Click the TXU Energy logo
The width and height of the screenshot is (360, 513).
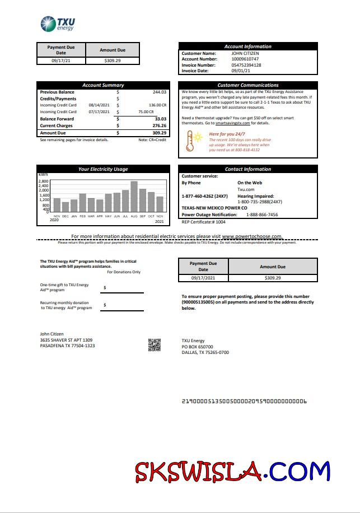(58, 24)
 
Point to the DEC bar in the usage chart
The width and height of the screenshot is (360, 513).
(66, 207)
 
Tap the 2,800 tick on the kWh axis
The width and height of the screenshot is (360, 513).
(44, 181)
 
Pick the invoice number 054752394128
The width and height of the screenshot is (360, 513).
(246, 65)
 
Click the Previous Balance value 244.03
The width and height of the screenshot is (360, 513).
(160, 92)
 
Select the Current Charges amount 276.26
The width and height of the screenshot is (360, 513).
(160, 125)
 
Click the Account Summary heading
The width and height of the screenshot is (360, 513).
(103, 85)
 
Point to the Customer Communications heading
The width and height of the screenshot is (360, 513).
(247, 85)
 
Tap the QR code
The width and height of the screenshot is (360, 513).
(155, 345)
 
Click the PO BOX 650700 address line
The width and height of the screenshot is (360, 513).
(197, 347)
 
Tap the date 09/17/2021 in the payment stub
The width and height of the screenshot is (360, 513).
(203, 278)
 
